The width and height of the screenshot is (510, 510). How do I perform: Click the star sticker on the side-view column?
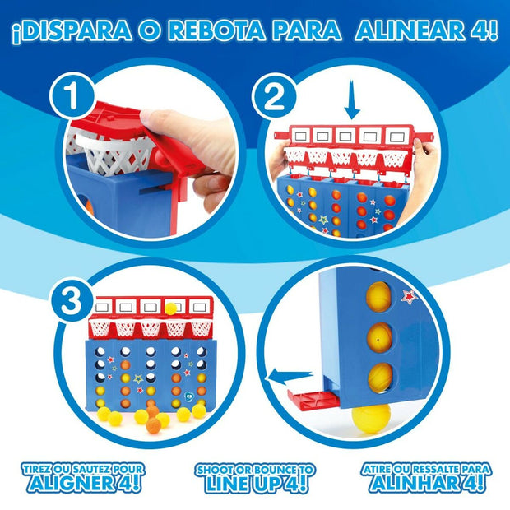tap(408, 297)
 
